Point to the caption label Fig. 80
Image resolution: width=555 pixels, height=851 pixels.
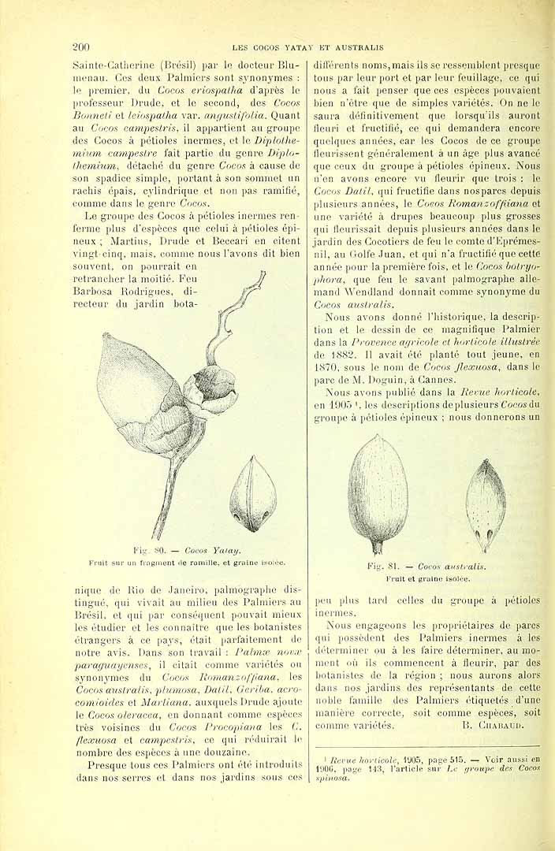(x=147, y=551)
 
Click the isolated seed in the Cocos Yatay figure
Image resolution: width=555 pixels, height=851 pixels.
(x=253, y=494)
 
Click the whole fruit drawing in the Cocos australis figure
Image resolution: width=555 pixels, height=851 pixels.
(x=376, y=492)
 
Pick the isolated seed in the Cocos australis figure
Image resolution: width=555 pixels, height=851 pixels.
(x=485, y=505)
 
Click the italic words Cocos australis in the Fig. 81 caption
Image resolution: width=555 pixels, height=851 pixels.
(x=452, y=566)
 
